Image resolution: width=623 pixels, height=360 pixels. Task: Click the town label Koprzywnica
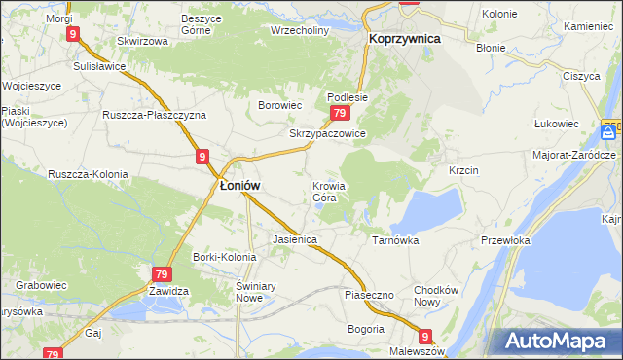(405, 38)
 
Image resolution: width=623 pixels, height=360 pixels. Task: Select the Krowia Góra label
(329, 192)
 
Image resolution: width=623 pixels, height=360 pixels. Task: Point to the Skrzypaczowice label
(327, 134)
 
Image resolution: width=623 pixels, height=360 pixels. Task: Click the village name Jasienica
(295, 238)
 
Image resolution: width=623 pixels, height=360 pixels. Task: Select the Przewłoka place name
(505, 239)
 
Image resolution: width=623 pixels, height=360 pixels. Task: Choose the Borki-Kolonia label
(224, 257)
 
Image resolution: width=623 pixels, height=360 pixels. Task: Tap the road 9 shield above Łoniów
(202, 156)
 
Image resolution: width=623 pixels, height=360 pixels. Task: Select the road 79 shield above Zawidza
(161, 275)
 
